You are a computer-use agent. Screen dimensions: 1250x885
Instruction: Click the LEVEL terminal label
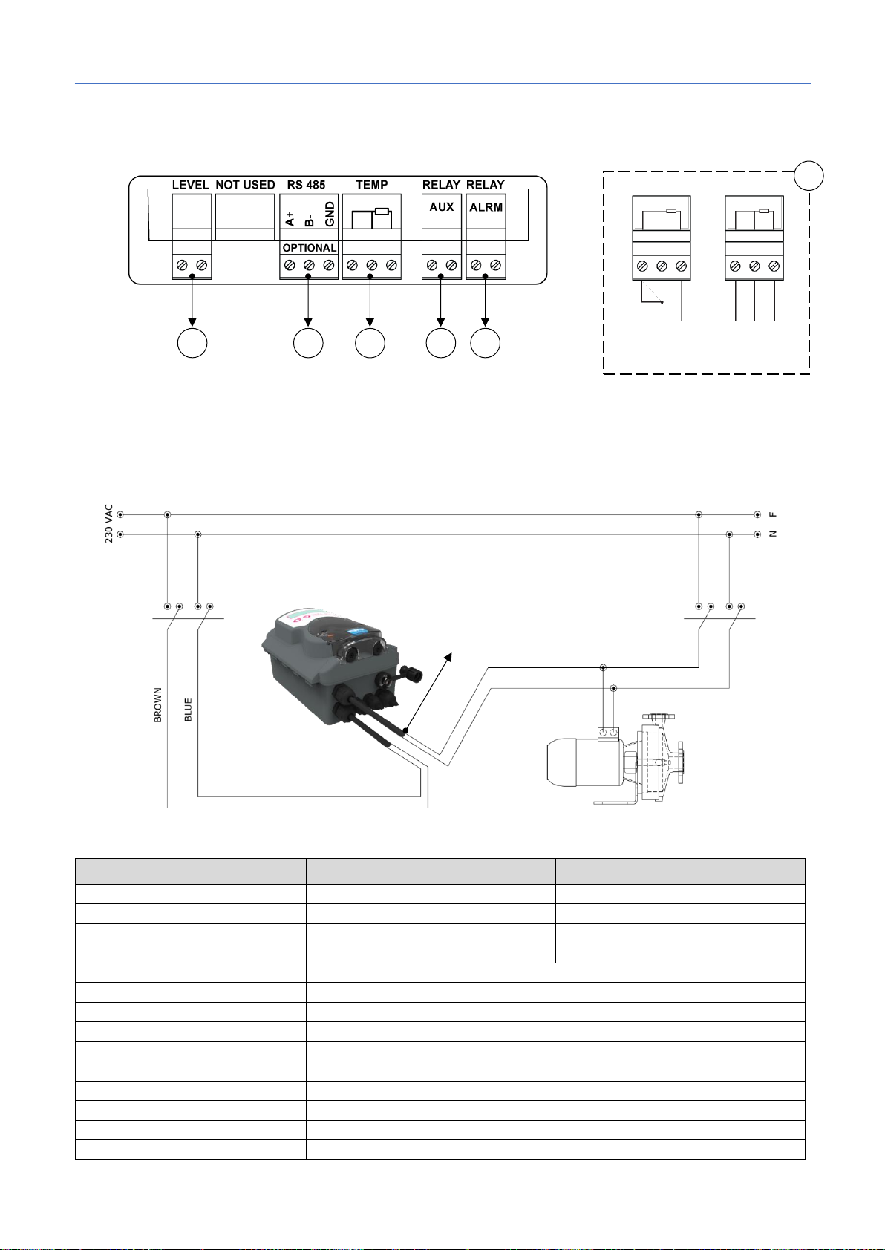click(x=191, y=185)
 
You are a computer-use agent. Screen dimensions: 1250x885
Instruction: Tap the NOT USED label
click(x=245, y=185)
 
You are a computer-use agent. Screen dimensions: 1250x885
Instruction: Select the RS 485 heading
click(x=306, y=185)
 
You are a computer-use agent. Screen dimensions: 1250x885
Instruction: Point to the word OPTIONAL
click(x=310, y=248)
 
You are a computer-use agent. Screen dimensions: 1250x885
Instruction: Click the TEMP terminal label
click(x=371, y=185)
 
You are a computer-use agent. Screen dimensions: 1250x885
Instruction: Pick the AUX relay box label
click(x=442, y=207)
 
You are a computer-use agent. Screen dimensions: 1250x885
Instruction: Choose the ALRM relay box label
click(x=486, y=208)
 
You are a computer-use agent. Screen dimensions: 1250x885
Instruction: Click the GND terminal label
click(x=330, y=216)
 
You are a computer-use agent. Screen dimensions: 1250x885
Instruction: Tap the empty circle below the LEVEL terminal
click(x=192, y=343)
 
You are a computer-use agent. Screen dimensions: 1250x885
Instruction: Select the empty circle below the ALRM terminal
click(x=486, y=343)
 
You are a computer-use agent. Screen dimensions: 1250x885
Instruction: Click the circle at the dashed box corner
click(x=809, y=175)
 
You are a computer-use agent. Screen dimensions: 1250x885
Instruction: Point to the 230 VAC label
click(x=108, y=523)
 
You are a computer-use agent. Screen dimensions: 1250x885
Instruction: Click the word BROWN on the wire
click(x=157, y=704)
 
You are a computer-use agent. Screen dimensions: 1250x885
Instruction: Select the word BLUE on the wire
click(x=188, y=710)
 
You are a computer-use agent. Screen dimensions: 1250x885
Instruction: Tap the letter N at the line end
click(x=773, y=534)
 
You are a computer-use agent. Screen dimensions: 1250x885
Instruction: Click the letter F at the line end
click(x=773, y=514)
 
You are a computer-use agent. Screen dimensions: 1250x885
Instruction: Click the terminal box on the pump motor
click(x=609, y=733)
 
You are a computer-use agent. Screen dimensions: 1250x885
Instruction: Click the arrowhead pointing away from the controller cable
click(x=448, y=654)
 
